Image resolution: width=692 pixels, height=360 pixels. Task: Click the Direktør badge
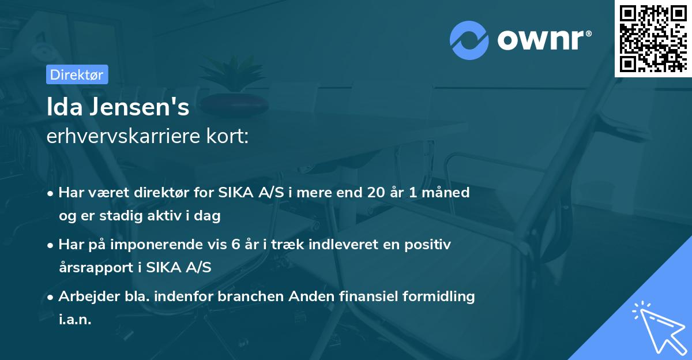pyautogui.click(x=77, y=74)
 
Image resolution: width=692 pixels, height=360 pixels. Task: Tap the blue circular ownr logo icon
pyautogui.click(x=469, y=40)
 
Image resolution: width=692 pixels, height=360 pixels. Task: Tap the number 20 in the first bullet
pyautogui.click(x=377, y=193)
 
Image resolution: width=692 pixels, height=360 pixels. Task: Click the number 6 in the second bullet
pyautogui.click(x=235, y=245)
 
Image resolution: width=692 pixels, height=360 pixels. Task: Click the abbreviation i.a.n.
pyautogui.click(x=75, y=320)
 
